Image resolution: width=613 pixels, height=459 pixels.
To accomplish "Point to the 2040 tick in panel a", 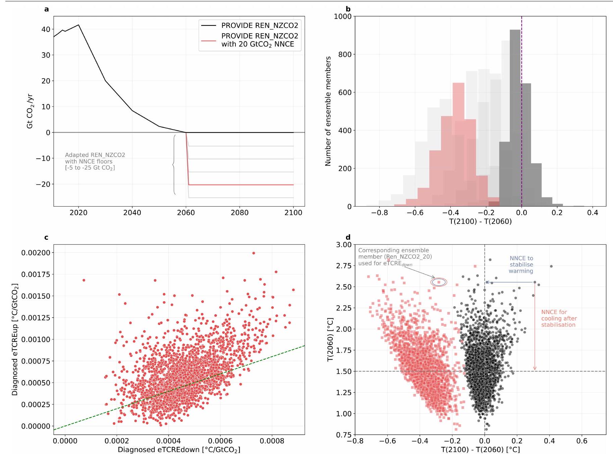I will click(132, 213).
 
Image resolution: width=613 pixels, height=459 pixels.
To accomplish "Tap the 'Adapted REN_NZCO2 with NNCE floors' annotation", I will click(95, 161).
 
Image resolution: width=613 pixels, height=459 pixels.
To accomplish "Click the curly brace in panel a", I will click(174, 165).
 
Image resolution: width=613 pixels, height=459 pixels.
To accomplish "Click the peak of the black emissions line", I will click(79, 25).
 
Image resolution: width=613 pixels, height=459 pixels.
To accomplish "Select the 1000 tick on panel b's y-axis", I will click(343, 16).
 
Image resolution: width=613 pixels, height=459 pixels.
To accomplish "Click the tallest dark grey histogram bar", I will click(515, 118).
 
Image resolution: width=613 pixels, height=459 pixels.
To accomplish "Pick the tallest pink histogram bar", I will click(458, 144).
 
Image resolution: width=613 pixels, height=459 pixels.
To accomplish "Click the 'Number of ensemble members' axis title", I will click(328, 111).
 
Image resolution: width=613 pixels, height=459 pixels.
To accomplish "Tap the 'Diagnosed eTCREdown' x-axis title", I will click(179, 450).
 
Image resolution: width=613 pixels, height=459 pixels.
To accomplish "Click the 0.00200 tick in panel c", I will click(36, 253).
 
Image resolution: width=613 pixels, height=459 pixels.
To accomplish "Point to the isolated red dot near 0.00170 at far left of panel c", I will click(84, 280).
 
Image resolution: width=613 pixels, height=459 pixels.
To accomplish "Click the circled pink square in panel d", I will click(439, 282).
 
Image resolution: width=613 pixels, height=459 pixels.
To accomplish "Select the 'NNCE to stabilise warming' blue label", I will click(521, 265).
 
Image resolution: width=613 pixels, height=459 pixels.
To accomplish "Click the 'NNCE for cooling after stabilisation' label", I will click(559, 318).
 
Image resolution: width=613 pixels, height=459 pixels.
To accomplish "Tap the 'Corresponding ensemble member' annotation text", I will click(395, 257).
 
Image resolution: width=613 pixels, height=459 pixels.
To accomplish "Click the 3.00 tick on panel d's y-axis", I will click(344, 245).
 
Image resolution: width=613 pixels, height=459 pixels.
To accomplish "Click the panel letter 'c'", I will click(46, 237).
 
